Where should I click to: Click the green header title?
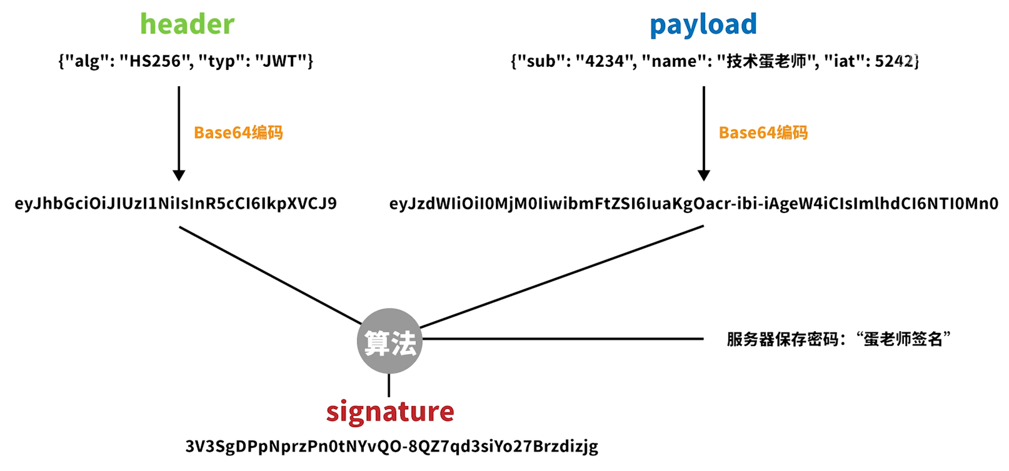(187, 24)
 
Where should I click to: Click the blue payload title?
(703, 24)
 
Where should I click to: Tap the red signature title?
(390, 411)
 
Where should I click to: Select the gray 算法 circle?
(389, 341)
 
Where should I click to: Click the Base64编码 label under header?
(238, 132)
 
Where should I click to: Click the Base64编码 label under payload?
(763, 132)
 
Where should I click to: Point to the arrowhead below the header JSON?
(179, 175)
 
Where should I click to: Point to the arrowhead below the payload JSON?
(704, 175)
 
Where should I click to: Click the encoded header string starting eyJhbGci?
(176, 204)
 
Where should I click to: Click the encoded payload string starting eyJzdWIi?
(693, 204)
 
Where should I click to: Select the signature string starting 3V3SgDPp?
(391, 446)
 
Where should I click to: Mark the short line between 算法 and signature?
(389, 385)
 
